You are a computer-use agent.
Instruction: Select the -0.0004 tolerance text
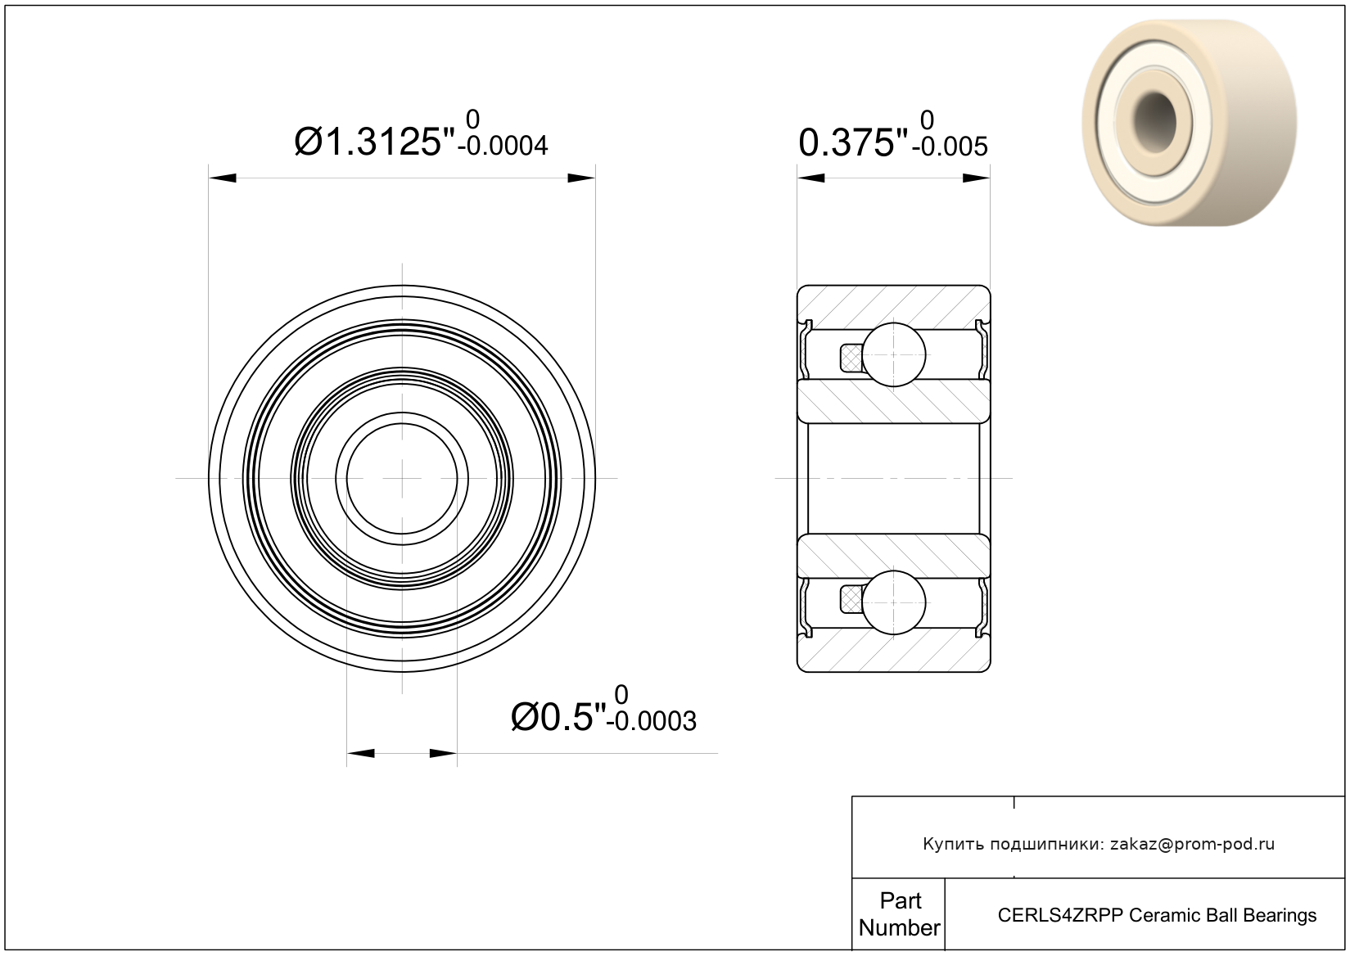[503, 147]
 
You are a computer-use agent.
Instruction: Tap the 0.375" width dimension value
[853, 142]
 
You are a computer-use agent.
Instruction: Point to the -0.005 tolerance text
[950, 147]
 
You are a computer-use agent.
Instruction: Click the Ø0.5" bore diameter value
[558, 717]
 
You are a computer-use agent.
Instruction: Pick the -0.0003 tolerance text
[652, 721]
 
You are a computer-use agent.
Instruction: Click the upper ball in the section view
[894, 354]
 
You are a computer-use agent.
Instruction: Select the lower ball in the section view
[894, 602]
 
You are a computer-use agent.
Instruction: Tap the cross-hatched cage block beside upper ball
[851, 358]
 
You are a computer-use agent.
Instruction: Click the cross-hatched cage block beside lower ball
[851, 600]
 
